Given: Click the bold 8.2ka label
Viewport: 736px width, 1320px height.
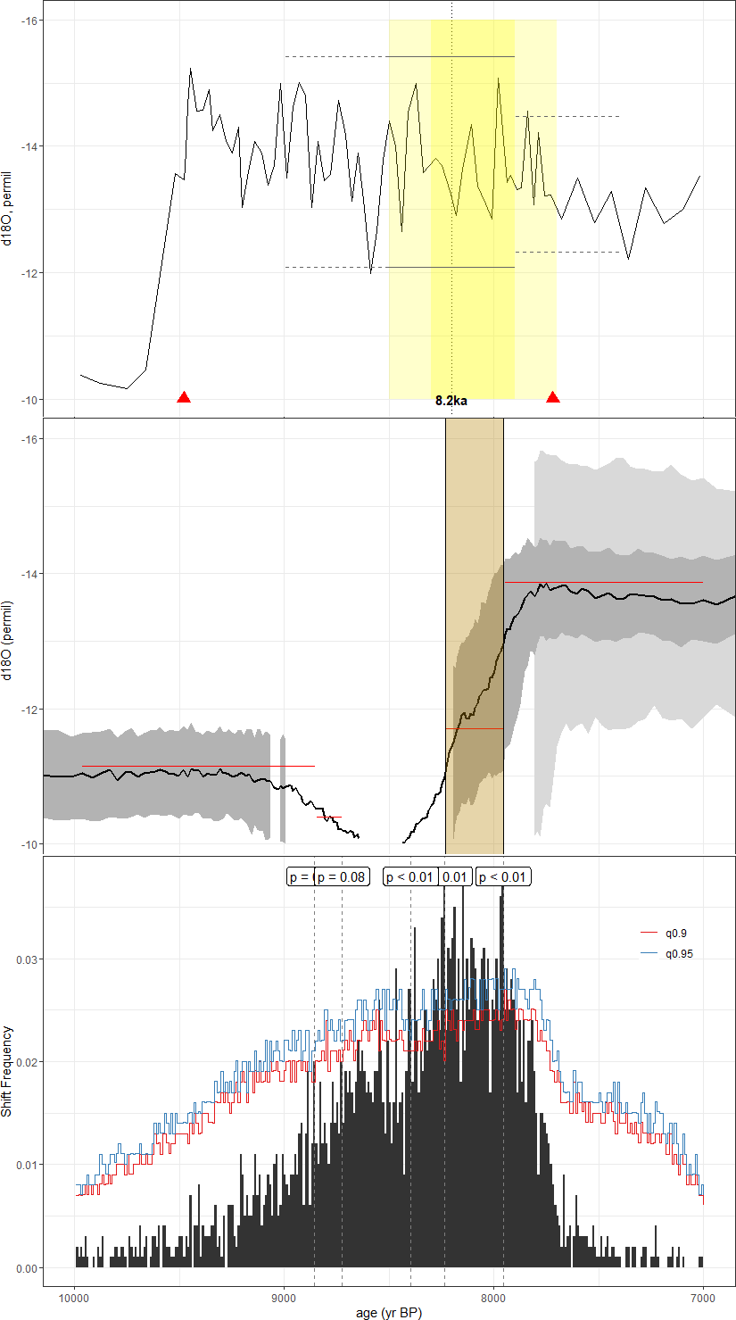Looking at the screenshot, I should coord(451,401).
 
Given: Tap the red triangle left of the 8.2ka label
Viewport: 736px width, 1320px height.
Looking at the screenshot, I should coord(184,397).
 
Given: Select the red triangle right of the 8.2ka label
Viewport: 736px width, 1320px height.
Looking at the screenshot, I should coord(553,397).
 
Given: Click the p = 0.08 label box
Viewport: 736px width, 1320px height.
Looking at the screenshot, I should coord(342,876).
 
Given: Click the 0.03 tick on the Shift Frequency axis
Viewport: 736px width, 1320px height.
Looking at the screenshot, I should coord(28,959).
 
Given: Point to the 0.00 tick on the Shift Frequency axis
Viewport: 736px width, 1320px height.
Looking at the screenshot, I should coord(28,1268).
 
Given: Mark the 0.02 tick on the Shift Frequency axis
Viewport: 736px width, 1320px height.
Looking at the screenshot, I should coord(28,1062).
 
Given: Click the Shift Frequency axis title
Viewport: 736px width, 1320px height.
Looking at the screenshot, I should coord(8,1071).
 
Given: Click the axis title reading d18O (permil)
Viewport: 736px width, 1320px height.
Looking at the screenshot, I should coord(8,635).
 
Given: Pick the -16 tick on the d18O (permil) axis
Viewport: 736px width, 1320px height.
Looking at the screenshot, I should coord(29,438).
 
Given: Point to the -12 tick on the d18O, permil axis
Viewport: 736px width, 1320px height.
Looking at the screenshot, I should coord(29,272).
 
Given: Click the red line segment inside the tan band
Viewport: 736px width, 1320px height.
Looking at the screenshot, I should coord(474,728).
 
